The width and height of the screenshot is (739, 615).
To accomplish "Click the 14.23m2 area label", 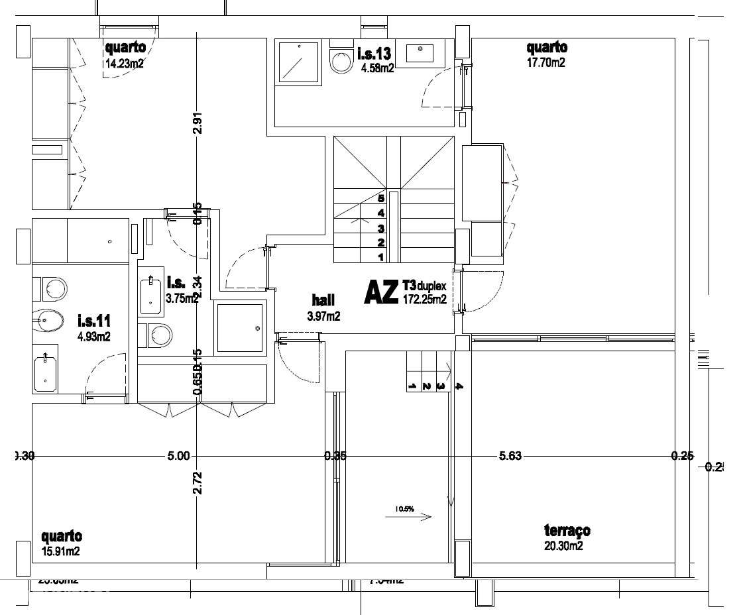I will [x=125, y=64].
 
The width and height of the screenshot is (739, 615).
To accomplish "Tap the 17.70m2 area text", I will [x=545, y=64].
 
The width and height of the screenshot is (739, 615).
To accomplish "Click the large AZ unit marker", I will [x=381, y=292].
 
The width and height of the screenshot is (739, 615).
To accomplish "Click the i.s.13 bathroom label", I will [x=375, y=53].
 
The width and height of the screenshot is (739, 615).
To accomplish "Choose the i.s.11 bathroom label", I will [x=93, y=321].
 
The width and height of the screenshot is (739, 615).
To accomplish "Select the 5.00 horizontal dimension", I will [x=179, y=456].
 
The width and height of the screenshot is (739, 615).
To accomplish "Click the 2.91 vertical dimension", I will [x=197, y=123].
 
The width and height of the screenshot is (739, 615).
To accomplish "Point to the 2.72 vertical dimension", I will [x=197, y=483].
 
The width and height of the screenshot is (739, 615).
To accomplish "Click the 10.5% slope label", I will [x=404, y=509].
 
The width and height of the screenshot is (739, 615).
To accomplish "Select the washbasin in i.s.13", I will [x=421, y=52].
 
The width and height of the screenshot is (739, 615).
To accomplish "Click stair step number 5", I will [x=381, y=197].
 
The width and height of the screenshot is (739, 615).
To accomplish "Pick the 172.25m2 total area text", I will [x=424, y=300].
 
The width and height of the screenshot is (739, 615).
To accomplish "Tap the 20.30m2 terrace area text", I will [x=563, y=546].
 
